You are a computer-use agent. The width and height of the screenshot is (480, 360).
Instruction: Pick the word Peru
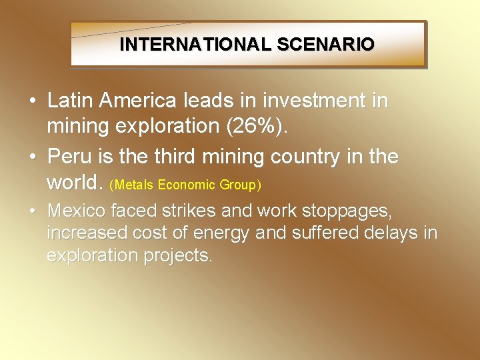coord(70,157)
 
